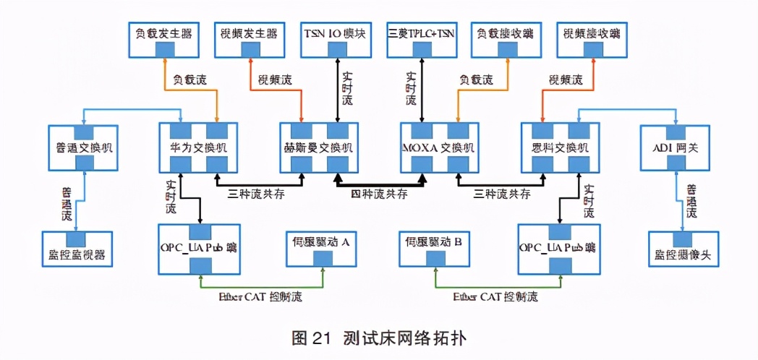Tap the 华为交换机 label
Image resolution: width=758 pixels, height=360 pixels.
198,147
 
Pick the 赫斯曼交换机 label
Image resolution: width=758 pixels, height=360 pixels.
320,147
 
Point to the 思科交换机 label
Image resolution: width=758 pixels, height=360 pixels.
560,147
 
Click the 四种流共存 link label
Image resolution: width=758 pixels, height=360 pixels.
379,194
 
